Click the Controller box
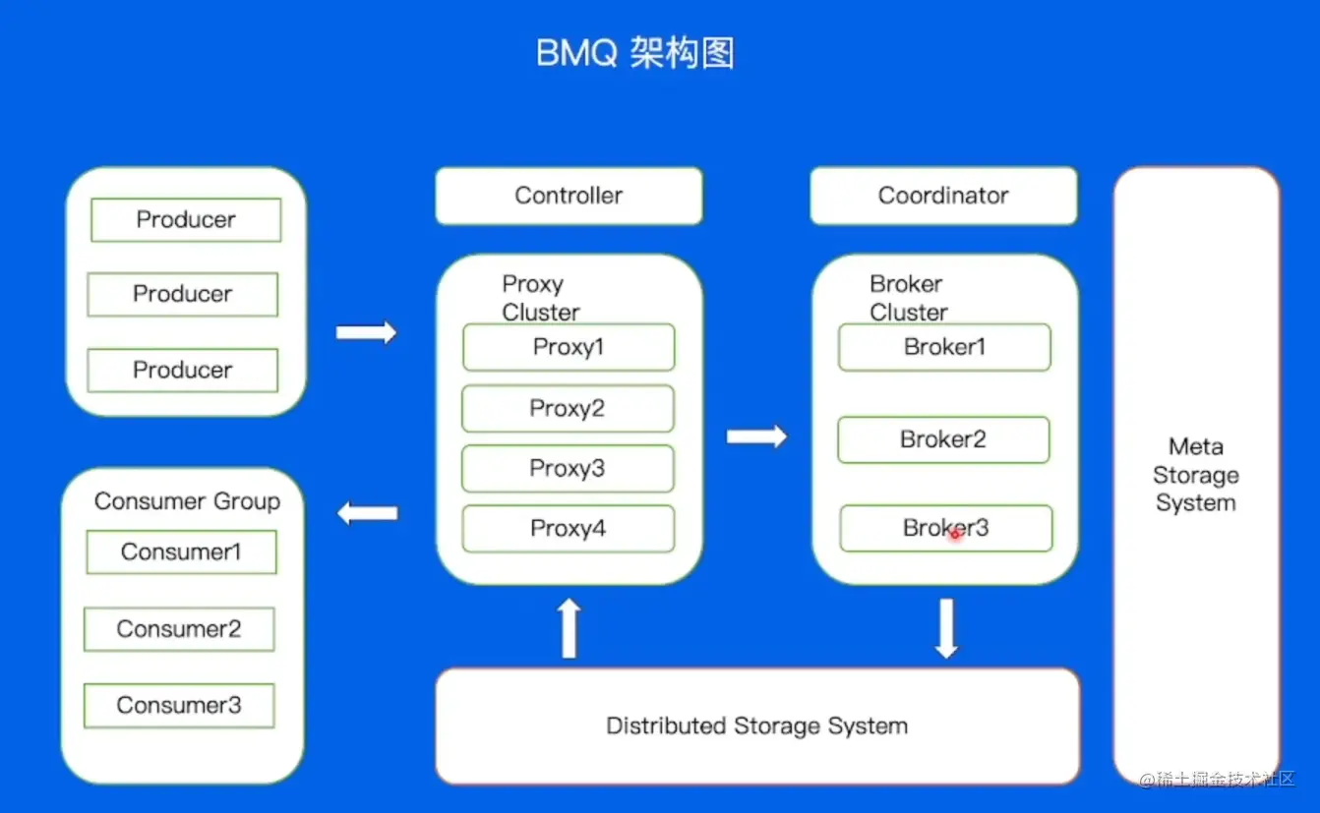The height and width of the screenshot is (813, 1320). pyautogui.click(x=569, y=196)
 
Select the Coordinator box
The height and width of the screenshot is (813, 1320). pyautogui.click(x=943, y=196)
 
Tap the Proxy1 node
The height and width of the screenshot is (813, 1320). pyautogui.click(x=569, y=347)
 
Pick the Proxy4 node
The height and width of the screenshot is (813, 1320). pyautogui.click(x=569, y=529)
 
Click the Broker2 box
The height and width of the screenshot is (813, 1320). pyautogui.click(x=943, y=439)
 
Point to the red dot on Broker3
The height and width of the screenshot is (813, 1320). pyautogui.click(x=954, y=534)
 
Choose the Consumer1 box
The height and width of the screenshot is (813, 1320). pyautogui.click(x=181, y=552)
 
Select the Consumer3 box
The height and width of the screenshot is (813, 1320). pyautogui.click(x=179, y=705)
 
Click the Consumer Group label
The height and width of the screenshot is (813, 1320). pyautogui.click(x=187, y=501)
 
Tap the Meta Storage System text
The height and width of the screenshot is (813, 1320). pyautogui.click(x=1195, y=475)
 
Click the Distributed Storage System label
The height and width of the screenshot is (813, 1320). pyautogui.click(x=756, y=726)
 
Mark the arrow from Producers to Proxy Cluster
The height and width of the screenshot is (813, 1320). pyautogui.click(x=367, y=332)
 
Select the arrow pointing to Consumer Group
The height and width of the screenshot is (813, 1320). pyautogui.click(x=368, y=512)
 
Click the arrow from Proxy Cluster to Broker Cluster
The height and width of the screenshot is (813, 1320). pyautogui.click(x=757, y=436)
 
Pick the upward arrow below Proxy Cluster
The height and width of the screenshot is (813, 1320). pyautogui.click(x=569, y=628)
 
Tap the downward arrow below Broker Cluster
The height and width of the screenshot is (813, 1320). pyautogui.click(x=946, y=628)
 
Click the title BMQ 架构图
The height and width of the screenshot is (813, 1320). pyautogui.click(x=635, y=53)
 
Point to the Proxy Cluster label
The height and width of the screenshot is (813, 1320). pyautogui.click(x=540, y=298)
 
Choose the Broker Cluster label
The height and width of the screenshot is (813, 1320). pyautogui.click(x=908, y=298)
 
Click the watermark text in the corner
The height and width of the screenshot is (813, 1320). pyautogui.click(x=1217, y=780)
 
